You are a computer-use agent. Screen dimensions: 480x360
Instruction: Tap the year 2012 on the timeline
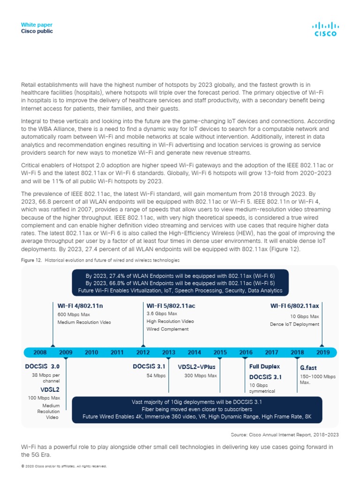143,352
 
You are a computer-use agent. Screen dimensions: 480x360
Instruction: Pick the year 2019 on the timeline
322,352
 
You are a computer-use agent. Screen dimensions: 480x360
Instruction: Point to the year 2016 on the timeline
246,352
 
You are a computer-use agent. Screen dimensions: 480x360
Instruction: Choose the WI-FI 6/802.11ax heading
294,306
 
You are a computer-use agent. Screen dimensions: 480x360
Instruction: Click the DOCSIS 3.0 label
43,366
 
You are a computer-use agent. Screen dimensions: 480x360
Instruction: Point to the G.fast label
308,367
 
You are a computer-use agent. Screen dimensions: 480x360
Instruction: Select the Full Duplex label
264,366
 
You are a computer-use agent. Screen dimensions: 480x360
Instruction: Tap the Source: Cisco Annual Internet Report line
285,435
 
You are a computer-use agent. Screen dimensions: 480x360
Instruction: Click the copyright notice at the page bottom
64,466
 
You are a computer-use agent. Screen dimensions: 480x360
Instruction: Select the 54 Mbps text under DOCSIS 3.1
156,375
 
